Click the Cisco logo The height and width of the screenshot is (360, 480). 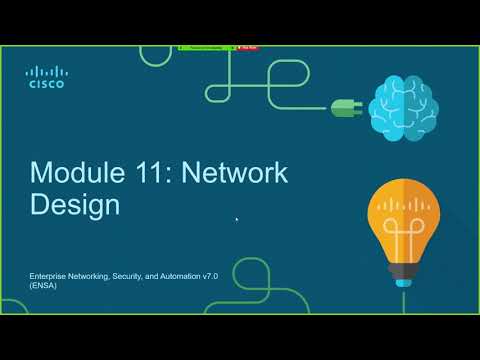46,77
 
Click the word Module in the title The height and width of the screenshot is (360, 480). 70,174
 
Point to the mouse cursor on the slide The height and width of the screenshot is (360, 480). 237,219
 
